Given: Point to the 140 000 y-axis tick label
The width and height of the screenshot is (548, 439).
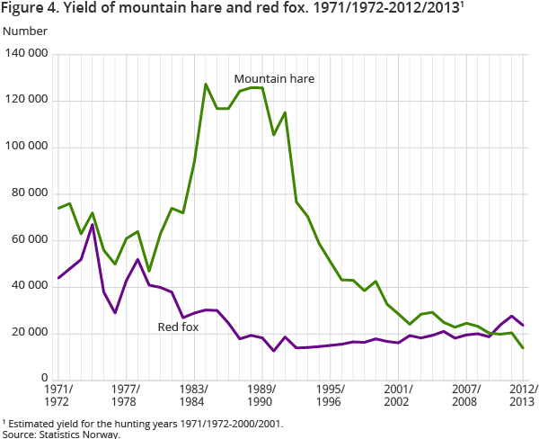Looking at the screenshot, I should point(27,54).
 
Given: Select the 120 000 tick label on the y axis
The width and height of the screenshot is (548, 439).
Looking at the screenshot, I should point(27,101).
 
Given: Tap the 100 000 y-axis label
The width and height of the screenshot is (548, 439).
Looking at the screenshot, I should point(27,147).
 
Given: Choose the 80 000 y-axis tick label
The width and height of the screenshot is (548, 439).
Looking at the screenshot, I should point(31,193).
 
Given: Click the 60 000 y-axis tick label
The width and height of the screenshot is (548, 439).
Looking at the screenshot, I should point(31,240).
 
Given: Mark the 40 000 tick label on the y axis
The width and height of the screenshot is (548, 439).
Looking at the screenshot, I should point(31,286).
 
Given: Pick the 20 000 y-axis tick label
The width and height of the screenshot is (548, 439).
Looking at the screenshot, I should point(31,333).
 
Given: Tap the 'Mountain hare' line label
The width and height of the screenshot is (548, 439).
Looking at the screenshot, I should point(274,79).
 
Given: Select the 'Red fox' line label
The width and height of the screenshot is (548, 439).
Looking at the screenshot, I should point(178,327).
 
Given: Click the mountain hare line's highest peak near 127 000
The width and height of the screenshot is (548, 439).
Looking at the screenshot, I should point(206,85).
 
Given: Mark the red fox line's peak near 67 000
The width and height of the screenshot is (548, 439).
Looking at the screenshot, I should point(93,225).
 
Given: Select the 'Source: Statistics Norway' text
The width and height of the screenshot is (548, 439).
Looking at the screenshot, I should point(60,434).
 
